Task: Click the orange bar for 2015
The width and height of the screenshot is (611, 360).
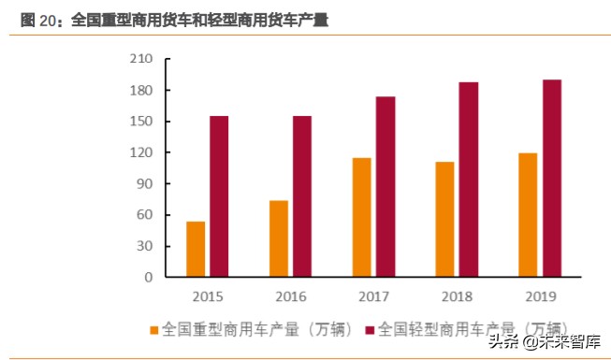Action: pos(196,249)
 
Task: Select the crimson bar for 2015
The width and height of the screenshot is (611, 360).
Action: pos(219,196)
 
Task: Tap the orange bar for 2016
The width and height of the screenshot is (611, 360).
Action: pos(279,238)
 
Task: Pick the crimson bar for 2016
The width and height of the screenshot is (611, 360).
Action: pos(301,196)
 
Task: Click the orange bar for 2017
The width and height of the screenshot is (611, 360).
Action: pos(361,217)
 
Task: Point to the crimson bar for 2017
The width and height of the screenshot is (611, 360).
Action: pos(385,187)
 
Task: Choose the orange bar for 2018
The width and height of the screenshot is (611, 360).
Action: pos(444,219)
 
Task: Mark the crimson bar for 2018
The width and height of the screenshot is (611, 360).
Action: pos(468,180)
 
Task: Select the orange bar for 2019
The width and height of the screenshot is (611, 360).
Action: pos(528,215)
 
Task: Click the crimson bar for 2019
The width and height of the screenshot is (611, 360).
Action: pos(551,179)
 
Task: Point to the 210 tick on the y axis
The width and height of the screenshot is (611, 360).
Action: pos(141,60)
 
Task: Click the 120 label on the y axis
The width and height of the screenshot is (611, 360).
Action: pos(141,152)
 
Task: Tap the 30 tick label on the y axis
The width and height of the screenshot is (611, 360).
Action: pos(145,246)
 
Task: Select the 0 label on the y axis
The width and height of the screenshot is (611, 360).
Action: pos(149,278)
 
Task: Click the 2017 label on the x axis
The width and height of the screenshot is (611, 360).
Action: pos(373,296)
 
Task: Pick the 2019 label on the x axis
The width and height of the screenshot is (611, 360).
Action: pos(540,296)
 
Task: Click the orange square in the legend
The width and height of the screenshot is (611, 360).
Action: pos(154,329)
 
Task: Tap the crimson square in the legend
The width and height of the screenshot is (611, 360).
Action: pos(371,329)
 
